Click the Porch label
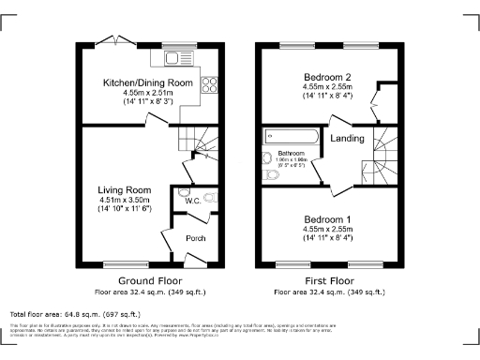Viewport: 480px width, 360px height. click(x=196, y=238)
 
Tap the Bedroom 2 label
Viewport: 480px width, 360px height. click(x=327, y=76)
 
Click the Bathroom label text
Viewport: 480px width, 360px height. click(x=292, y=151)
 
